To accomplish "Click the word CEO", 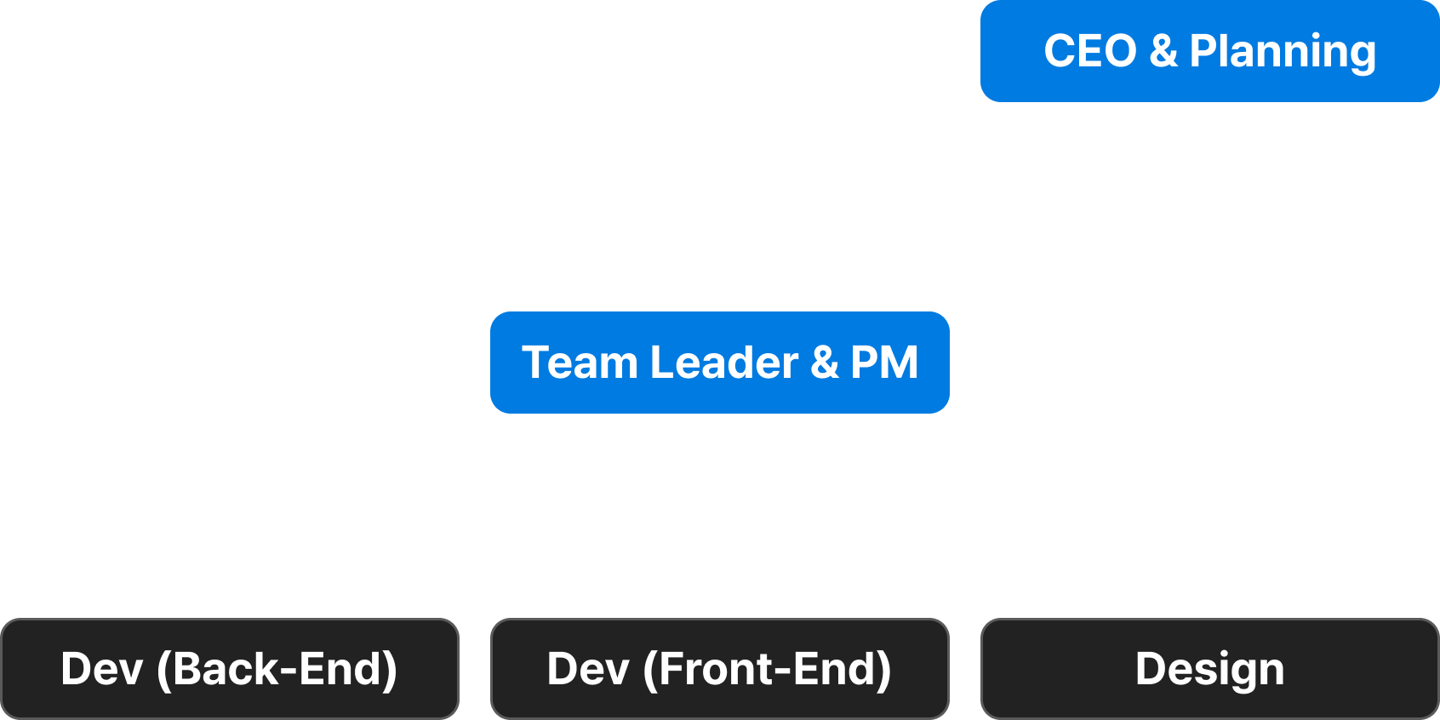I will [1089, 51].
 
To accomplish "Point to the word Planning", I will [1282, 51].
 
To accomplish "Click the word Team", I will [580, 363].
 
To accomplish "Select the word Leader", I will [724, 363].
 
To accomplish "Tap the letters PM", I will [884, 363].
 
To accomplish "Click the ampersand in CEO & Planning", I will [1163, 51].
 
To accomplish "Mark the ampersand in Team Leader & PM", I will [824, 363].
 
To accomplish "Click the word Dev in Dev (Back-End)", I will [102, 669].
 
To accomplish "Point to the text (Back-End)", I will [277, 669].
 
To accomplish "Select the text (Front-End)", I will [768, 669].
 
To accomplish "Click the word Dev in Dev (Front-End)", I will [588, 669].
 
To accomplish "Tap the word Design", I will [1209, 669].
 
